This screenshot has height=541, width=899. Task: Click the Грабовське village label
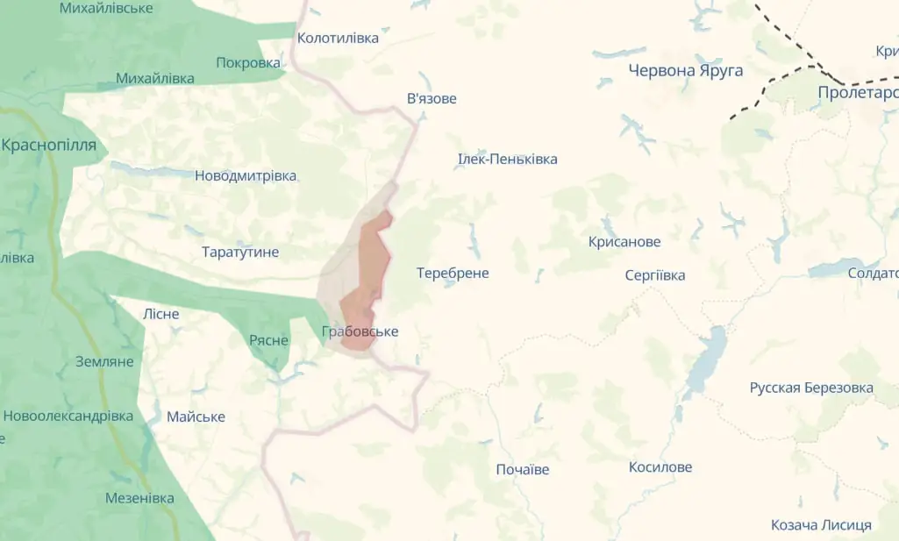click(360, 331)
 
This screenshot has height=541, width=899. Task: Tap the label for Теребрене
click(453, 273)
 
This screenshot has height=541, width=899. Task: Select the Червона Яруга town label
click(686, 70)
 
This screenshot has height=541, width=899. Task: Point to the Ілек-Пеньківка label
click(507, 159)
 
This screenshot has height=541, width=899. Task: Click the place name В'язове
click(432, 98)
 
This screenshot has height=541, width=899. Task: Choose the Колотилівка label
click(338, 38)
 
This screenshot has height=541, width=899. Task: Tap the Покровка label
click(248, 62)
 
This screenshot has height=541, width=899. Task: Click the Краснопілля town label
click(49, 145)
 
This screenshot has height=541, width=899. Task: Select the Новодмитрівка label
click(246, 175)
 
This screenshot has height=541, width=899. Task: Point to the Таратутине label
click(240, 252)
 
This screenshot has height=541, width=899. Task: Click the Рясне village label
click(268, 339)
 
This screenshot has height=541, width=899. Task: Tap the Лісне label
click(161, 313)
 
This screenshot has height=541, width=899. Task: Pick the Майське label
click(196, 416)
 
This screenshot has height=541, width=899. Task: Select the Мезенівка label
click(139, 498)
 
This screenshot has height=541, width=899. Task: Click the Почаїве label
click(523, 469)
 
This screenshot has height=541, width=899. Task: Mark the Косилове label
click(660, 467)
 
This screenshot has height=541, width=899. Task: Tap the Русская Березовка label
click(811, 388)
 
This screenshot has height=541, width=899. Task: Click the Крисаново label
click(624, 241)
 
